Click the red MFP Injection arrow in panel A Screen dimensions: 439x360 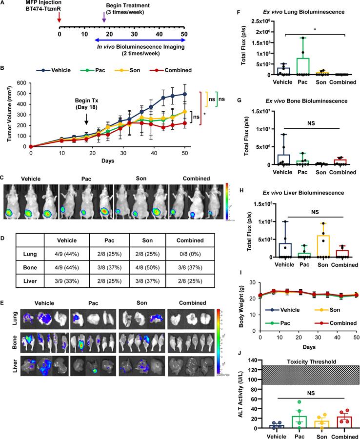pyautogui.click(x=59, y=17)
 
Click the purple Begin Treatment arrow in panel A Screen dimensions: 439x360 pyautogui.click(x=103, y=17)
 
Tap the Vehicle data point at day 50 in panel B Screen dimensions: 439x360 pyautogui.click(x=184, y=94)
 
